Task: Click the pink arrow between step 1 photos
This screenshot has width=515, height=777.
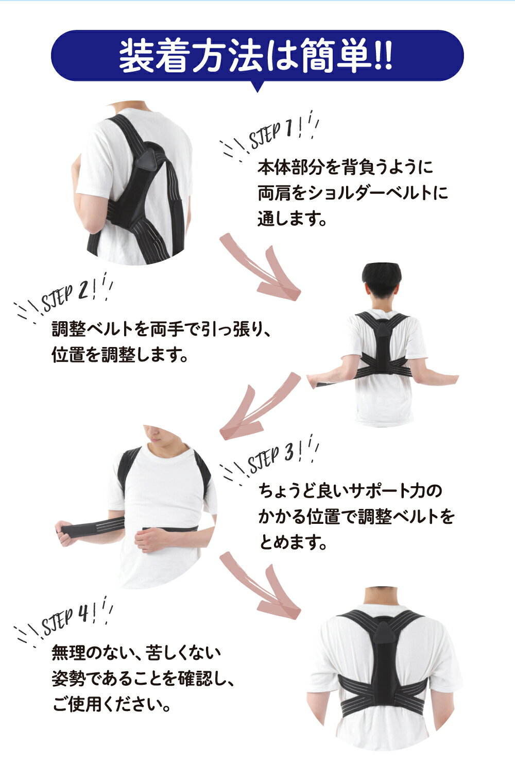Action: (x=261, y=267)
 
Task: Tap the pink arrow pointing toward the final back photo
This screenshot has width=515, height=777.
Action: (x=261, y=586)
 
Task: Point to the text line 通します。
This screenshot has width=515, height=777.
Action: (x=292, y=219)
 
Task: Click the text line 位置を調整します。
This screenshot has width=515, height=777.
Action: (x=120, y=355)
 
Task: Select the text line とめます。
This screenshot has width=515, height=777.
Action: (x=293, y=542)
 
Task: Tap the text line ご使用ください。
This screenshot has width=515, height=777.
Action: (x=112, y=704)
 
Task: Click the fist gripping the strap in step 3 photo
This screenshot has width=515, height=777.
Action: (x=66, y=533)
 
